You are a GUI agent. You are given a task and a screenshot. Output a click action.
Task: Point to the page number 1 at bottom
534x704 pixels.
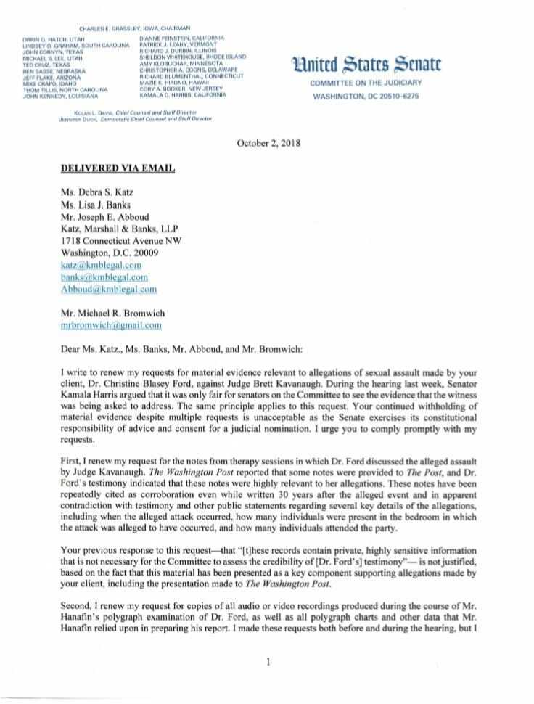(268, 660)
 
